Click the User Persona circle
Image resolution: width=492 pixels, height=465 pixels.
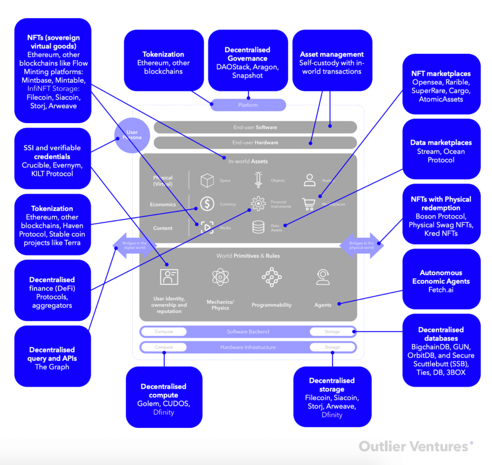[132, 135]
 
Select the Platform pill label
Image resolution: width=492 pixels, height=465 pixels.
[248, 105]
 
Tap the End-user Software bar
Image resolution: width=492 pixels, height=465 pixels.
[255, 127]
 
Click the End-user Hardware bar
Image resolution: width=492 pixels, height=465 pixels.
[255, 142]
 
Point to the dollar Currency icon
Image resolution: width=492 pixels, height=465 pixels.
[207, 204]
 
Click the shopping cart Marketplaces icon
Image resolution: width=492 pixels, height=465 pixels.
[309, 204]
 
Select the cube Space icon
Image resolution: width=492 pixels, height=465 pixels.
[207, 180]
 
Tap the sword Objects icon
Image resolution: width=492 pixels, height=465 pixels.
[258, 180]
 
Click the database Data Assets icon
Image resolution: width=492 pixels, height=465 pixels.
[258, 227]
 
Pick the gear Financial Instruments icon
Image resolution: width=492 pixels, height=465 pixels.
[258, 204]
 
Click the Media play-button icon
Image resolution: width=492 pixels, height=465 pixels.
[207, 227]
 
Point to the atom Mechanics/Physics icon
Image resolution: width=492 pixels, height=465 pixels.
[221, 277]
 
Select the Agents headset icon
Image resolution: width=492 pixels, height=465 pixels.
[322, 277]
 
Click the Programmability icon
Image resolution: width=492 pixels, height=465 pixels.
[271, 277]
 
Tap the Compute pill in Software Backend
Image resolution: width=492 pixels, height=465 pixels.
[163, 332]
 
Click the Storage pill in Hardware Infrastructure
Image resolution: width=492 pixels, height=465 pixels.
[332, 347]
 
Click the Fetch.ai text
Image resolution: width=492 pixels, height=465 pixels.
[441, 290]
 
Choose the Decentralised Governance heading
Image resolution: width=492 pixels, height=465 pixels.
[247, 54]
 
